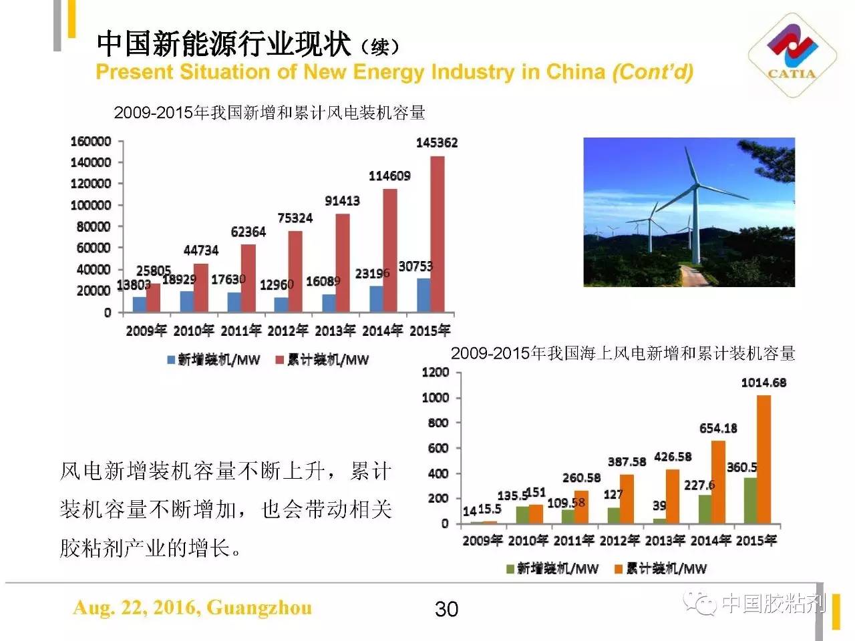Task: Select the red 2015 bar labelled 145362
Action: coord(437,234)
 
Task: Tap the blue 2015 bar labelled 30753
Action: coord(423,294)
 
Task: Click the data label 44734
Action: coord(201,250)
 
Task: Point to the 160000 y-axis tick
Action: coord(91,141)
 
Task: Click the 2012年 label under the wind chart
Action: coord(288,331)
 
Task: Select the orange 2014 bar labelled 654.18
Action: coord(718,481)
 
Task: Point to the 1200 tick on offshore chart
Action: coord(436,372)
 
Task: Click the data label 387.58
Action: coord(627,461)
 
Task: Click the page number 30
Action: coord(446,609)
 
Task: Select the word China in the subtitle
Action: coord(575,72)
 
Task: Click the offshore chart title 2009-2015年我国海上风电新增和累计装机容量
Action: coord(623,353)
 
